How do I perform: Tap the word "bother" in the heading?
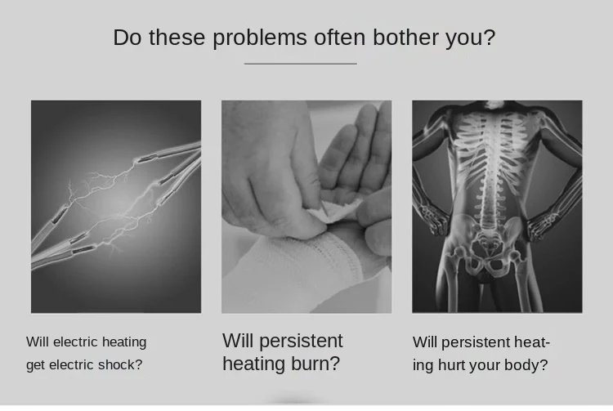405,38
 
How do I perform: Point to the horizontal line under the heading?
300,63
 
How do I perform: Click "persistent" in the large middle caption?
301,341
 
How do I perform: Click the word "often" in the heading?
340,38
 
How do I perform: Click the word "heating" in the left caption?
124,342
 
